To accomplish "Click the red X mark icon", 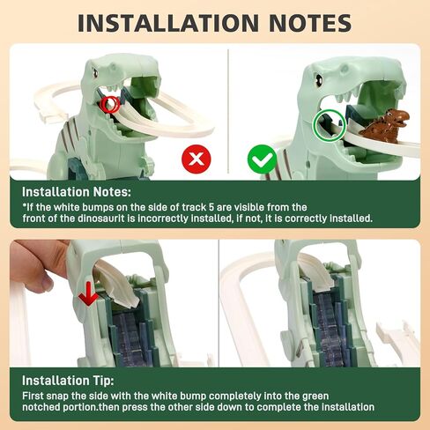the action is pos(196,159).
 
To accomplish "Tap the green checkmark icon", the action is pos(263,159).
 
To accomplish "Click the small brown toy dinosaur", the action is pos(384,125).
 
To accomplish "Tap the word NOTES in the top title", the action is pos(310,23).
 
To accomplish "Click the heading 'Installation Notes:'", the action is pos(77,192).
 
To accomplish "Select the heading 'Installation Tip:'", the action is pos(68,381).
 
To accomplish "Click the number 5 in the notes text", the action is pos(211,207).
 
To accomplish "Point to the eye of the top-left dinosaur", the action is pos(95,72).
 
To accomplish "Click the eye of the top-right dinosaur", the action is pos(318,79).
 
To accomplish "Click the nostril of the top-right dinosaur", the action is pos(345,69).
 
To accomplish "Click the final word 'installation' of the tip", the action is pos(348,407).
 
